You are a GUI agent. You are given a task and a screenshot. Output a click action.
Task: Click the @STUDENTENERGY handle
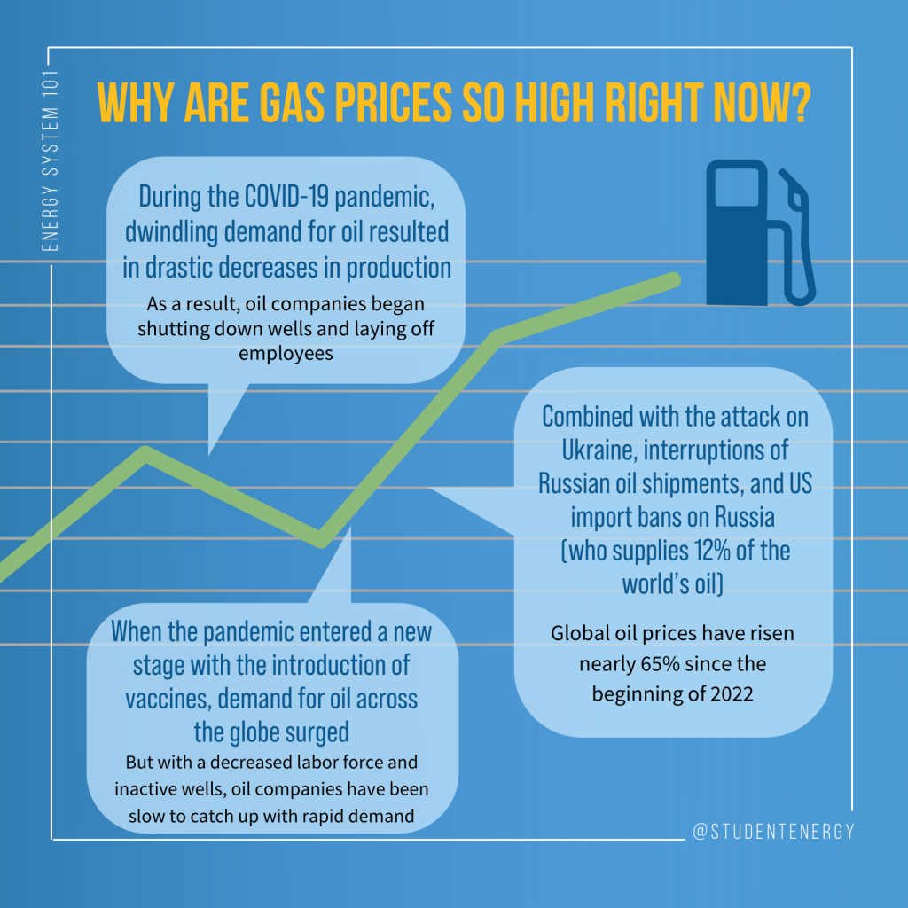tap(773, 832)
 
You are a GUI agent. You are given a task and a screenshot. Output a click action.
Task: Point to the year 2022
tap(732, 693)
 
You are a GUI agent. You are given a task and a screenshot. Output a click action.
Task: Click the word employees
tap(286, 353)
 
